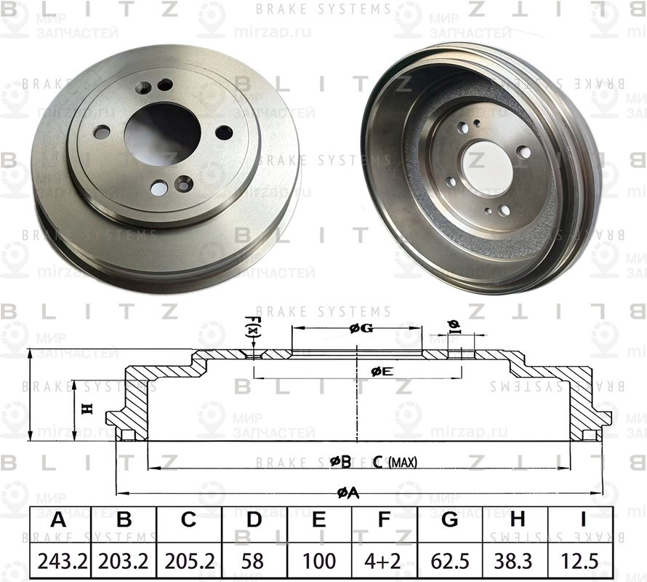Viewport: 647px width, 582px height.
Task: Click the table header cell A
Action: click(x=59, y=521)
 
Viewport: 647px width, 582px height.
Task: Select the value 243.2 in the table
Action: click(x=59, y=561)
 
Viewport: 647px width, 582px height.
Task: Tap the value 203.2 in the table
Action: click(x=124, y=561)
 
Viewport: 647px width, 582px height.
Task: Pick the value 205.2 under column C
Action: click(x=189, y=561)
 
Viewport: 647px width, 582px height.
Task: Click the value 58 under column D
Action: click(x=254, y=561)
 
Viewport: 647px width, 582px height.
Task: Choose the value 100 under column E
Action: click(x=319, y=561)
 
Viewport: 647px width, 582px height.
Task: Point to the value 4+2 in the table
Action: click(x=385, y=561)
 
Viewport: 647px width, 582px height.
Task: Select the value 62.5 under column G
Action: click(x=450, y=561)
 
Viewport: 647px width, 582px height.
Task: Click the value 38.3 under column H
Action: click(x=516, y=561)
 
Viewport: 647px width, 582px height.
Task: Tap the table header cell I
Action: click(x=582, y=521)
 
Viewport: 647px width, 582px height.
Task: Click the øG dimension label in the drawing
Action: click(x=361, y=329)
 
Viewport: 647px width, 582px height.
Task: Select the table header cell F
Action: click(x=385, y=521)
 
